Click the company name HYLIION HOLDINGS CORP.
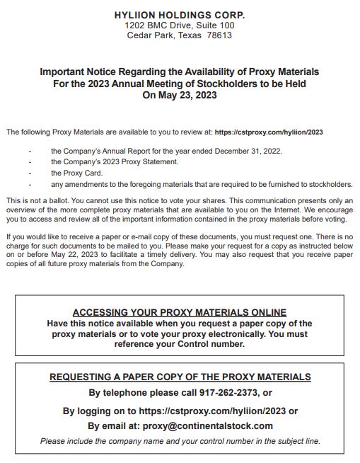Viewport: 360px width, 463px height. (180, 15)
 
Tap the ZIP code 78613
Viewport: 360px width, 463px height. (219, 35)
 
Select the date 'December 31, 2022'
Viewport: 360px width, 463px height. (245, 150)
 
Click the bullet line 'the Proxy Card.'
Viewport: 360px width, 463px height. (76, 172)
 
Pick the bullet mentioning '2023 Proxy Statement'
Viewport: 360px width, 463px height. (114, 161)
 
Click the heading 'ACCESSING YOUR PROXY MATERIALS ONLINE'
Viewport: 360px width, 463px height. (180, 312)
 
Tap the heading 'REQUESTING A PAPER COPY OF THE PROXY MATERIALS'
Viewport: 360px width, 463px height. (180, 377)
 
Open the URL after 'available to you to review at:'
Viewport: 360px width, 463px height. (269, 132)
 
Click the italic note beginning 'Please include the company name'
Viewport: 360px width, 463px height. (180, 441)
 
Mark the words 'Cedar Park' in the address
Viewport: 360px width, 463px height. (153, 35)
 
